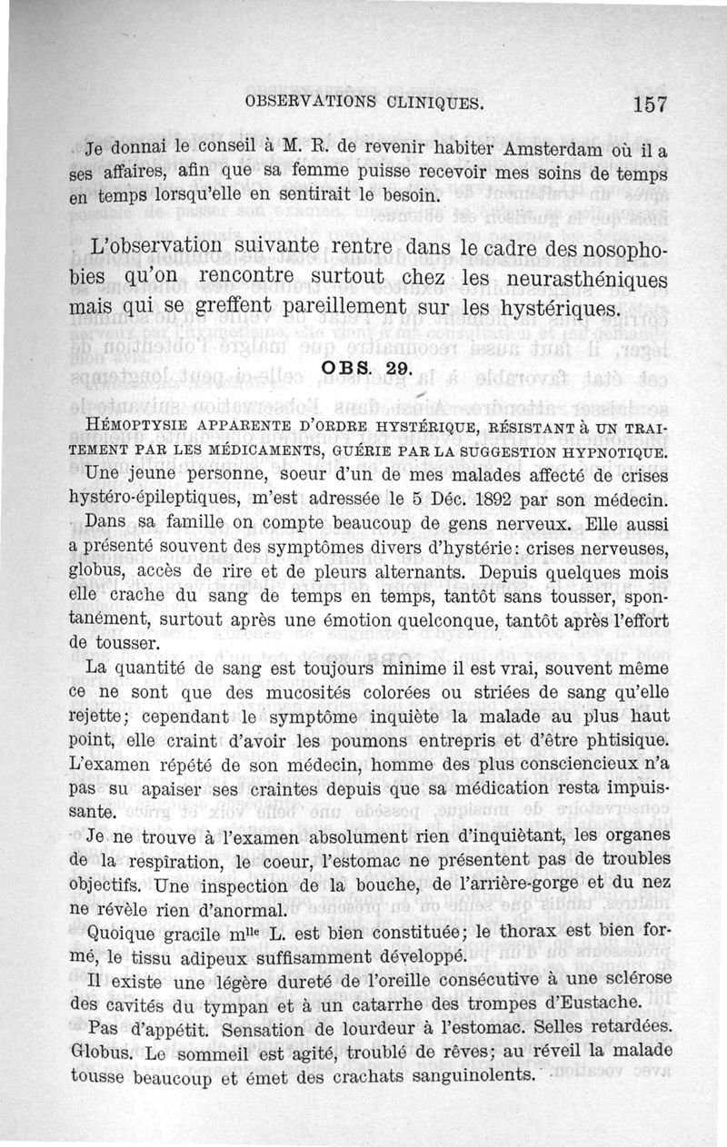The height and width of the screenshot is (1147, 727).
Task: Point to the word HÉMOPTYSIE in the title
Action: coord(124,426)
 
